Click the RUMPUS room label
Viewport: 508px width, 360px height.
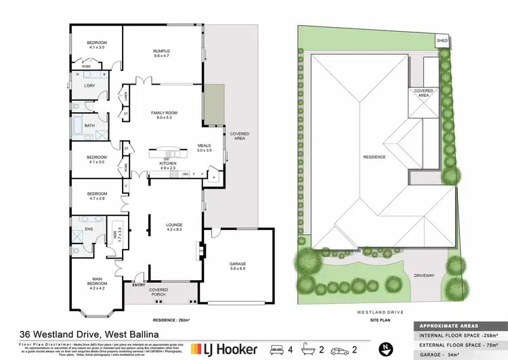(161, 51)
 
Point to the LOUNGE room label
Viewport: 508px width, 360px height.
(175, 225)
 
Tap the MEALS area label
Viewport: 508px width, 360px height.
(205, 145)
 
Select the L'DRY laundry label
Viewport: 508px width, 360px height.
(89, 85)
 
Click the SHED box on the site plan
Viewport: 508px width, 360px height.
(442, 40)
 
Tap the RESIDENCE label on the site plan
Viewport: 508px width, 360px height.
(374, 156)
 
